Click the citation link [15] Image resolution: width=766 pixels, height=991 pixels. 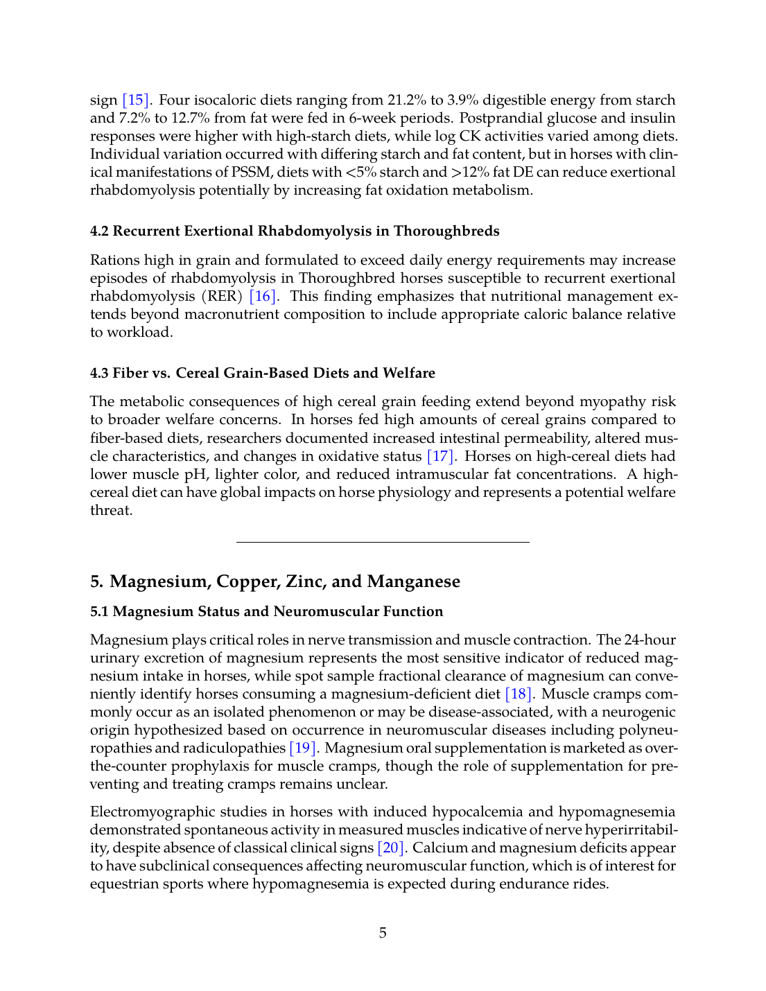tap(136, 100)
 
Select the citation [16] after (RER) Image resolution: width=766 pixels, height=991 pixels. tap(263, 296)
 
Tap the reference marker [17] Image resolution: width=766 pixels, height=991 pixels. tap(441, 456)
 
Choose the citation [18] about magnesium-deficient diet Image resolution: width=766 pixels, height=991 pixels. tap(519, 694)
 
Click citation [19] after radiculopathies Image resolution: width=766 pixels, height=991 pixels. tap(303, 748)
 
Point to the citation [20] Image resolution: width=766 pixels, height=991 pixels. tap(390, 848)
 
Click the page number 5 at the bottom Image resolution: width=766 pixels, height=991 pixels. tap(383, 933)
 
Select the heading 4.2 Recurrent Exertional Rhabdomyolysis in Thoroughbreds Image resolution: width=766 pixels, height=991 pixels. tap(295, 231)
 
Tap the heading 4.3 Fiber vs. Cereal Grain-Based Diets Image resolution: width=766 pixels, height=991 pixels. tap(263, 373)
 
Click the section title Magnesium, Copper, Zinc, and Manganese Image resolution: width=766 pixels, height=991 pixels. tap(275, 581)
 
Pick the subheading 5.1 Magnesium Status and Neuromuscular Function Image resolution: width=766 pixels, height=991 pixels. tap(267, 611)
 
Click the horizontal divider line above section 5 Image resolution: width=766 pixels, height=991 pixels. tap(383, 542)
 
